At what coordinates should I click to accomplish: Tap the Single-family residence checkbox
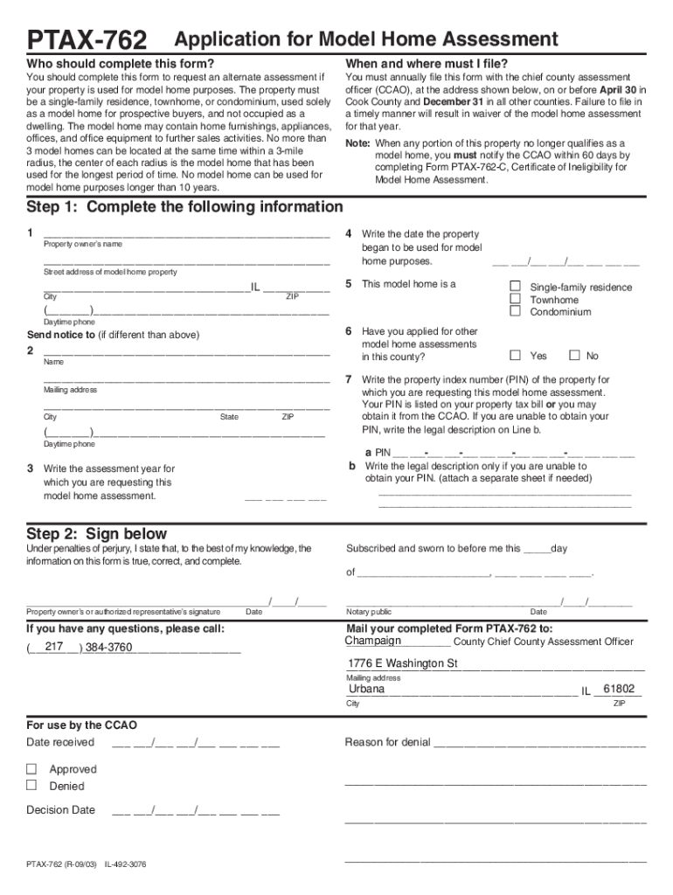click(x=515, y=287)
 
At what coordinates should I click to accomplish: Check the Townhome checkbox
click(x=515, y=299)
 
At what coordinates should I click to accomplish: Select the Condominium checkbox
click(x=515, y=311)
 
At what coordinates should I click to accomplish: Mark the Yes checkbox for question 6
click(x=515, y=355)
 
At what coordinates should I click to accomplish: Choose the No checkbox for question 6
click(x=574, y=355)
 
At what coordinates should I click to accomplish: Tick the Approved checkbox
click(x=31, y=769)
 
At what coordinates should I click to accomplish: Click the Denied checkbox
click(x=31, y=786)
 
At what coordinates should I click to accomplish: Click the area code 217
click(x=54, y=647)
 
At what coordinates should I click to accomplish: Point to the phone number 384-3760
click(x=108, y=648)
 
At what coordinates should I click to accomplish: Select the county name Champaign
click(x=373, y=641)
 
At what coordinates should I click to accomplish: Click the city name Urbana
click(x=366, y=689)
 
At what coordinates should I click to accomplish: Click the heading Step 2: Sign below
click(x=96, y=534)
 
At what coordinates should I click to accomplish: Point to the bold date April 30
click(x=621, y=90)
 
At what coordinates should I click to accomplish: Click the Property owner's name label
click(x=83, y=244)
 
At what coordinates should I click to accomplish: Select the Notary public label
click(x=369, y=612)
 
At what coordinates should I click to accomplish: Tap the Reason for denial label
click(x=387, y=742)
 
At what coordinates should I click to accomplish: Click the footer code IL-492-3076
click(x=126, y=864)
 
